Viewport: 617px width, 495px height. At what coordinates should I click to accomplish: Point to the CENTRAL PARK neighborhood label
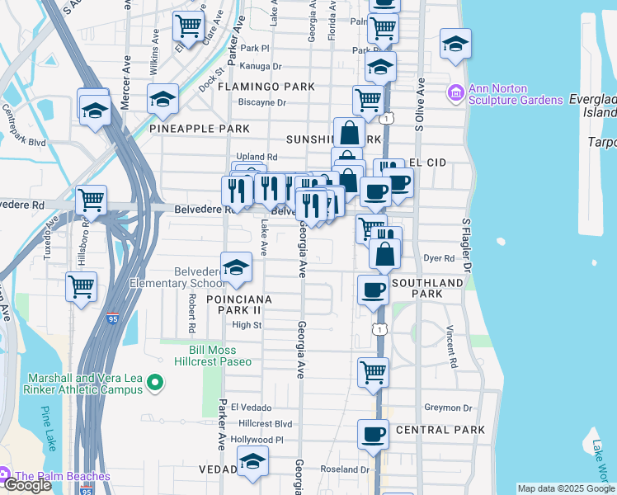point(440,430)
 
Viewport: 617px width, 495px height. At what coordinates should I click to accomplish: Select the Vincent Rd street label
point(450,345)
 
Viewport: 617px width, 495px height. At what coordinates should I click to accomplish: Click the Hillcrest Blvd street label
point(266,423)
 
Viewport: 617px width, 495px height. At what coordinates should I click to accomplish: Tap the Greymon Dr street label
point(447,408)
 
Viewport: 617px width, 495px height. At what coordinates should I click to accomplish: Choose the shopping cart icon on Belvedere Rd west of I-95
point(91,199)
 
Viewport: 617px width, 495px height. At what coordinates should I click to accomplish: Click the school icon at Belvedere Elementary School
point(237,266)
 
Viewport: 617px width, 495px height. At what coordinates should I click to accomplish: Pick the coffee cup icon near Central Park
point(373,433)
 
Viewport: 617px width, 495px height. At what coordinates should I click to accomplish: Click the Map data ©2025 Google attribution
point(565,488)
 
